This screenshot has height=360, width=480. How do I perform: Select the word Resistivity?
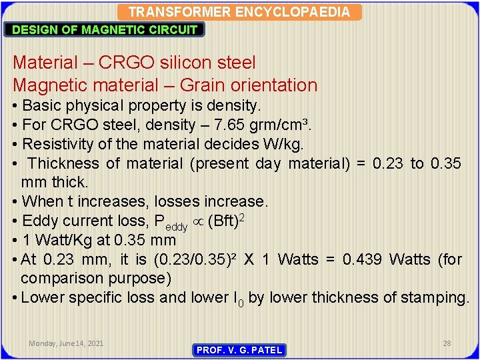coord(57,144)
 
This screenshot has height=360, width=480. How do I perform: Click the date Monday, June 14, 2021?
coord(66,343)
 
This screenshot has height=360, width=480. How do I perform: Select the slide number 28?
coord(447,343)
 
